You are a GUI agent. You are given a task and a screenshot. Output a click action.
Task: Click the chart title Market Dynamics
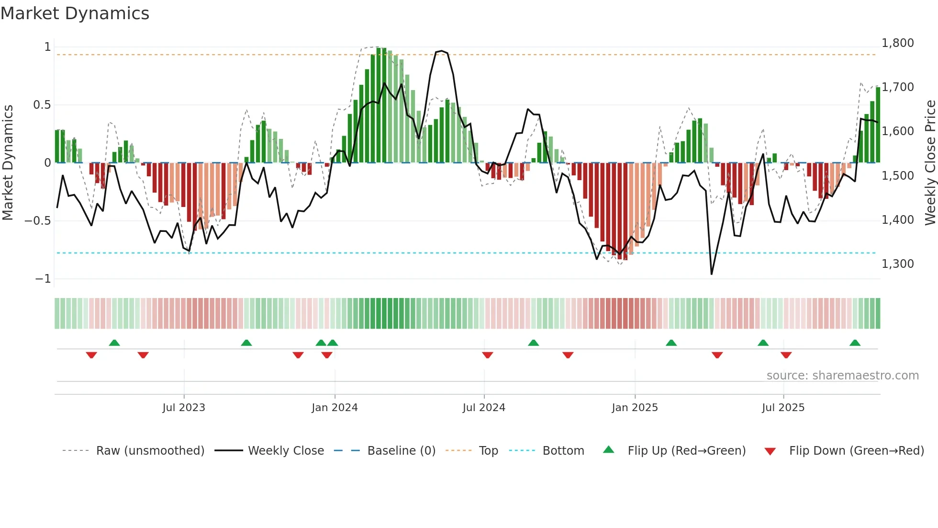(75, 13)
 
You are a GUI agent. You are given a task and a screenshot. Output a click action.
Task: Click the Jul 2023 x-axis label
(184, 408)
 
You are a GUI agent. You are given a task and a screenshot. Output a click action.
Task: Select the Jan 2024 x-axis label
(335, 408)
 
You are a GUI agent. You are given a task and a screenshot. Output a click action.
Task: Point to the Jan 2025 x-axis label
(635, 408)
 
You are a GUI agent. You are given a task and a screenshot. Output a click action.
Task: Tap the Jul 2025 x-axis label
(783, 408)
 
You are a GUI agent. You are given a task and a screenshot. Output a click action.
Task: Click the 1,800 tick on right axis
(897, 43)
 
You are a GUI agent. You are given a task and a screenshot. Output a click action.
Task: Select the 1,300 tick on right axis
(897, 264)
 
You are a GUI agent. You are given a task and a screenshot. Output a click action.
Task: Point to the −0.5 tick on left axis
(37, 221)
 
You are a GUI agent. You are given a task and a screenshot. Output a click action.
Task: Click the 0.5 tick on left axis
(42, 105)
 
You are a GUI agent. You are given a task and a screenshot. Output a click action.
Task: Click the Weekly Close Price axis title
(930, 163)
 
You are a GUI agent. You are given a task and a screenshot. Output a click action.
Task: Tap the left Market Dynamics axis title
(8, 163)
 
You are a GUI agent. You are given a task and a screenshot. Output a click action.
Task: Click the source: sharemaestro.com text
(842, 376)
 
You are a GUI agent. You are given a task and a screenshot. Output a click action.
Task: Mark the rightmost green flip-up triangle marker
(855, 343)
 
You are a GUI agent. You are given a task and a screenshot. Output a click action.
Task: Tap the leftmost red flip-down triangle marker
(91, 355)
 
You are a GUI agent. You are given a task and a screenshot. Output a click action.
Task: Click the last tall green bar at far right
(878, 126)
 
